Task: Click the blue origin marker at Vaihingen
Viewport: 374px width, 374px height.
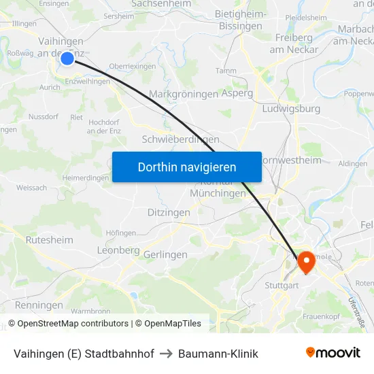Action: click(x=67, y=58)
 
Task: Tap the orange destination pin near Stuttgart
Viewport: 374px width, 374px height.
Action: click(x=305, y=262)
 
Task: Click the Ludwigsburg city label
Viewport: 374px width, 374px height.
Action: click(x=290, y=108)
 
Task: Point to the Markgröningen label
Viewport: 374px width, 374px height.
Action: click(x=183, y=94)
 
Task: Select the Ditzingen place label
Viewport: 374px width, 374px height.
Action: click(x=169, y=213)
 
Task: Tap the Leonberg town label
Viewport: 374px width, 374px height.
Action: click(x=118, y=250)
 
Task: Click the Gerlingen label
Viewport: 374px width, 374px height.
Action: click(x=165, y=254)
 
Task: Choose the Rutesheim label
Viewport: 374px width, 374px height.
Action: click(x=49, y=240)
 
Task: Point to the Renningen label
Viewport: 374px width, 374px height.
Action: click(x=38, y=305)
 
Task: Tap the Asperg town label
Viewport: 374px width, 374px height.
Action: click(x=237, y=93)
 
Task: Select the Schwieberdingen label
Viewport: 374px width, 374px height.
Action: click(x=180, y=139)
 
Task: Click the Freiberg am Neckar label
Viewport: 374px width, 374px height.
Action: click(x=294, y=43)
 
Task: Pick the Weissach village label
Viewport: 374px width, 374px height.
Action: click(x=31, y=187)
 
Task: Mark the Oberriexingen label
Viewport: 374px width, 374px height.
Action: click(x=133, y=67)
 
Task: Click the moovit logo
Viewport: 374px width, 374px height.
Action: click(x=333, y=352)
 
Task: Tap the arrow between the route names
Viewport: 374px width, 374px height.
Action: click(x=166, y=354)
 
